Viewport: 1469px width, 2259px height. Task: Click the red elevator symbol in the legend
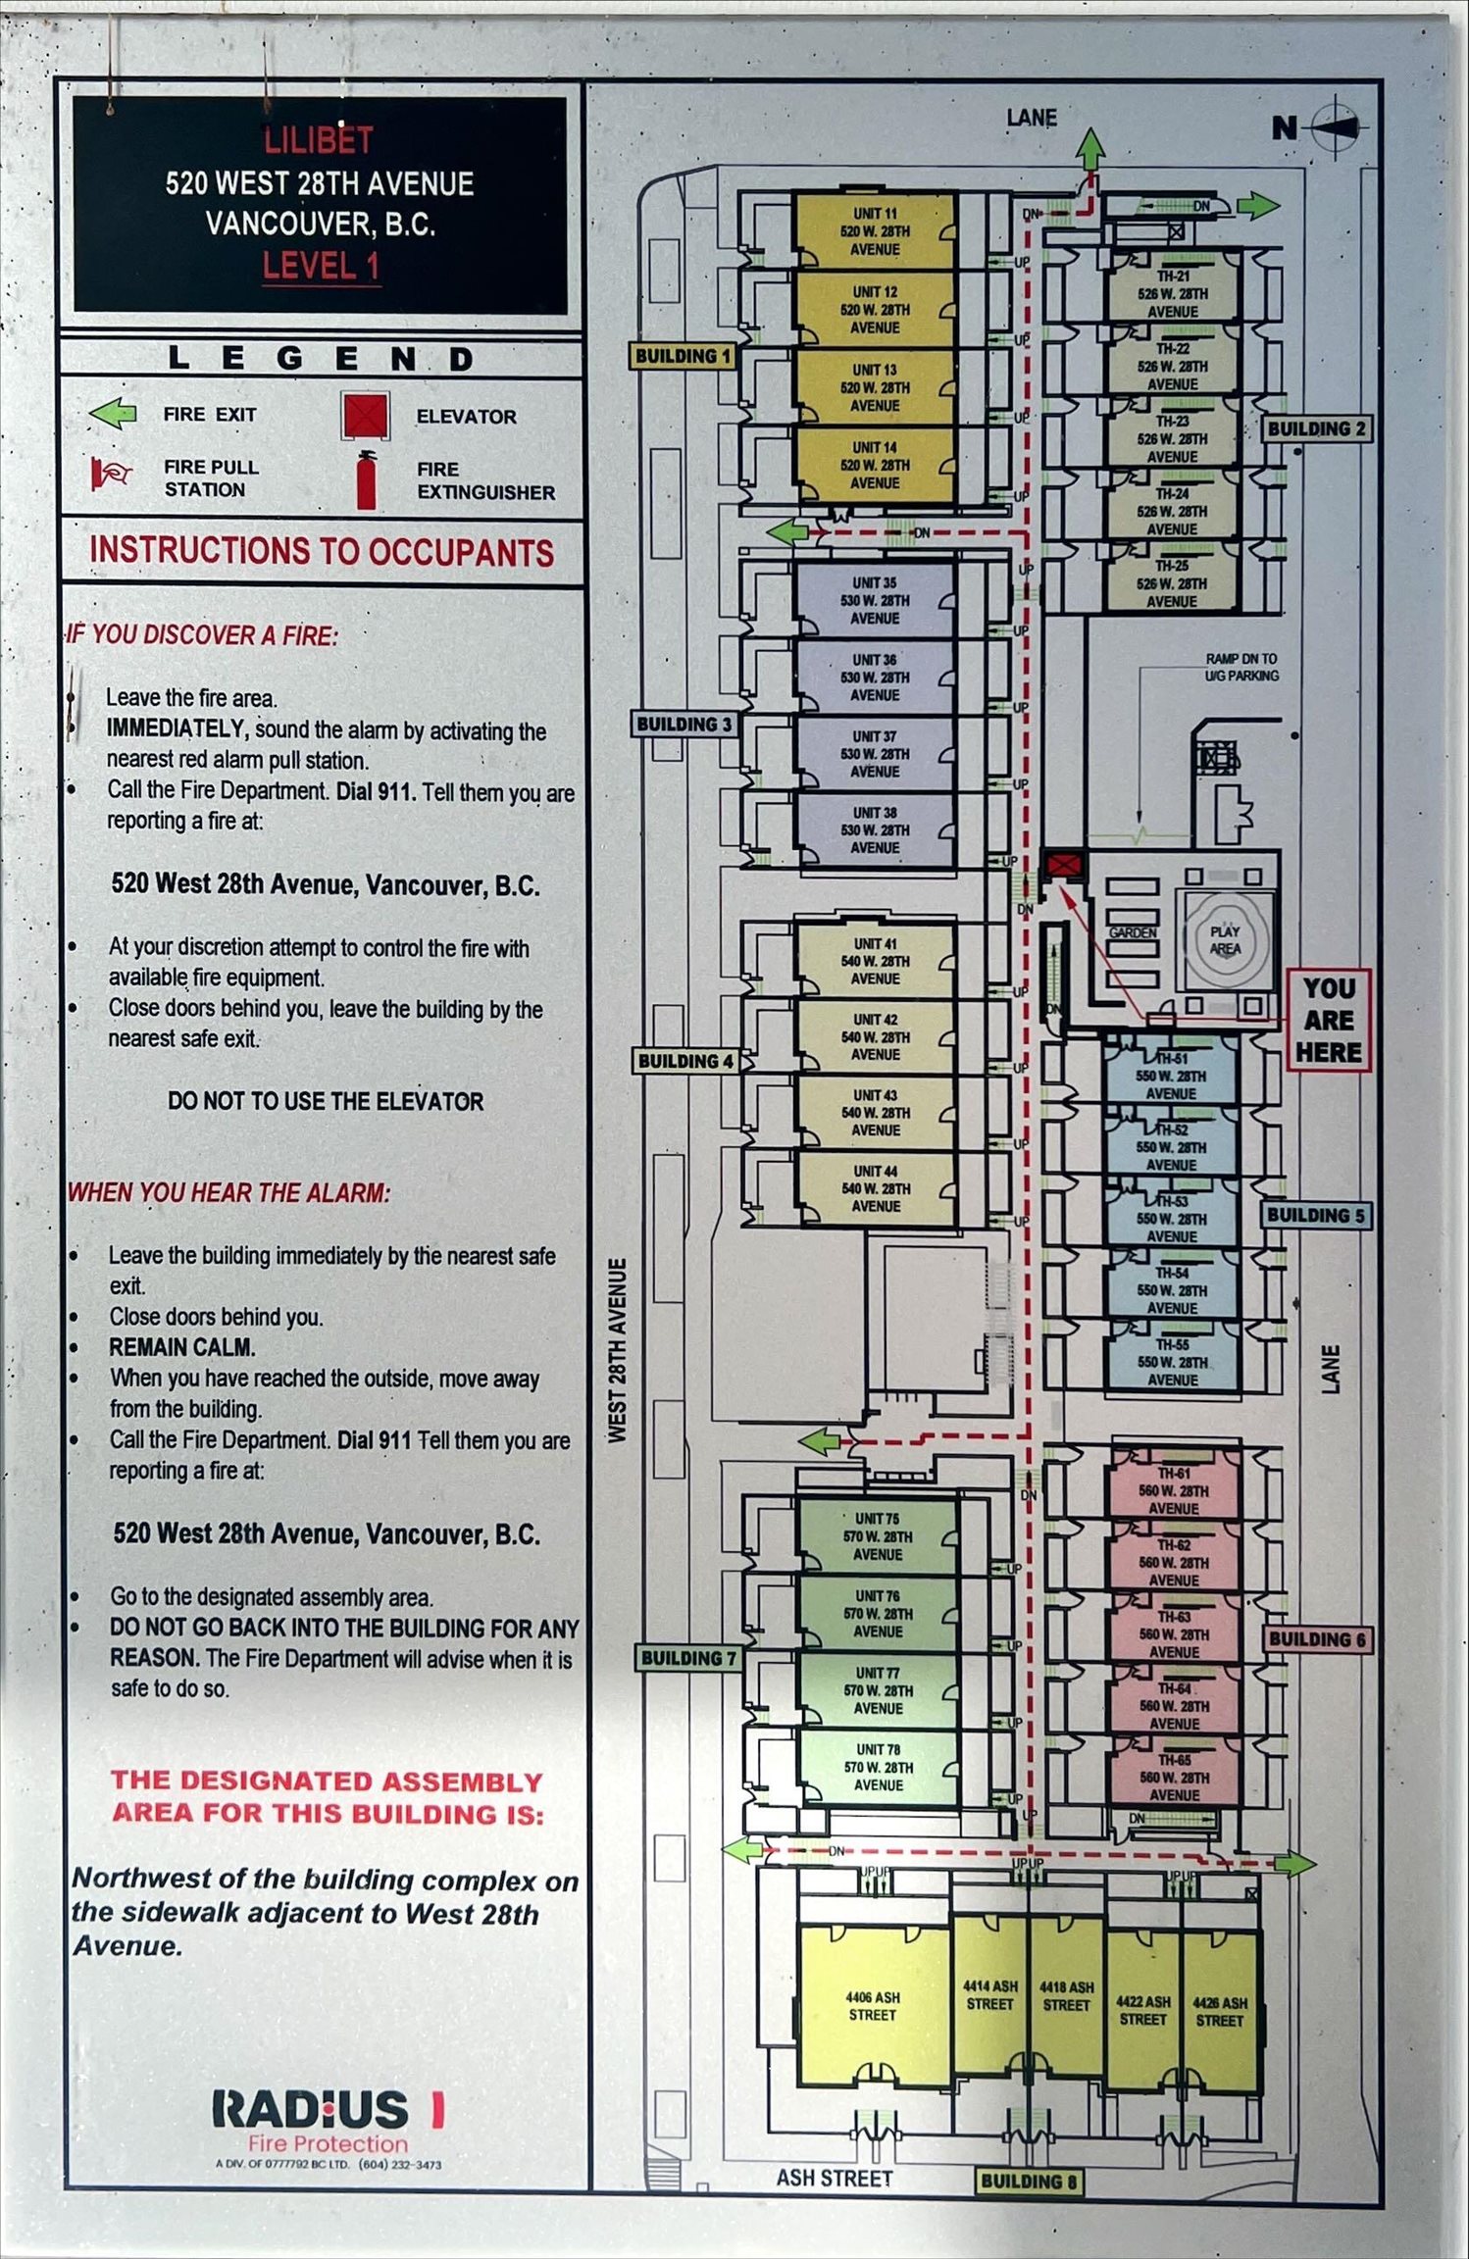(x=365, y=416)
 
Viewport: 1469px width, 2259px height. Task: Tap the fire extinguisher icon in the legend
(x=367, y=480)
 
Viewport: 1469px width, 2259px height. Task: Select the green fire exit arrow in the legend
(x=113, y=413)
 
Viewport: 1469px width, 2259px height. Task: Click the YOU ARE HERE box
(x=1328, y=1020)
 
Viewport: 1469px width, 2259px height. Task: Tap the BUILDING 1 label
(x=683, y=356)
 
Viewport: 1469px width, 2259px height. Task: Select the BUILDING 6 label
(x=1316, y=1638)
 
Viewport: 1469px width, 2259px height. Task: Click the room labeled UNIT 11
(x=874, y=231)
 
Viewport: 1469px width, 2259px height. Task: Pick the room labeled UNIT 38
(x=874, y=830)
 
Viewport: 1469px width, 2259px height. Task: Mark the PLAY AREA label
(x=1225, y=939)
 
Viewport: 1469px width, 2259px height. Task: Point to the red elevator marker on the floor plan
(x=1063, y=865)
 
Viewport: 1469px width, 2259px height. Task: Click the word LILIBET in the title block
(x=319, y=140)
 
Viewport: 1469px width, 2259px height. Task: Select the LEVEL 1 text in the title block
(x=321, y=266)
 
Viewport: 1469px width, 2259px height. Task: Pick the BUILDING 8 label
(x=1028, y=2182)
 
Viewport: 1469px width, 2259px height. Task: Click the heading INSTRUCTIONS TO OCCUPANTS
(x=322, y=551)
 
